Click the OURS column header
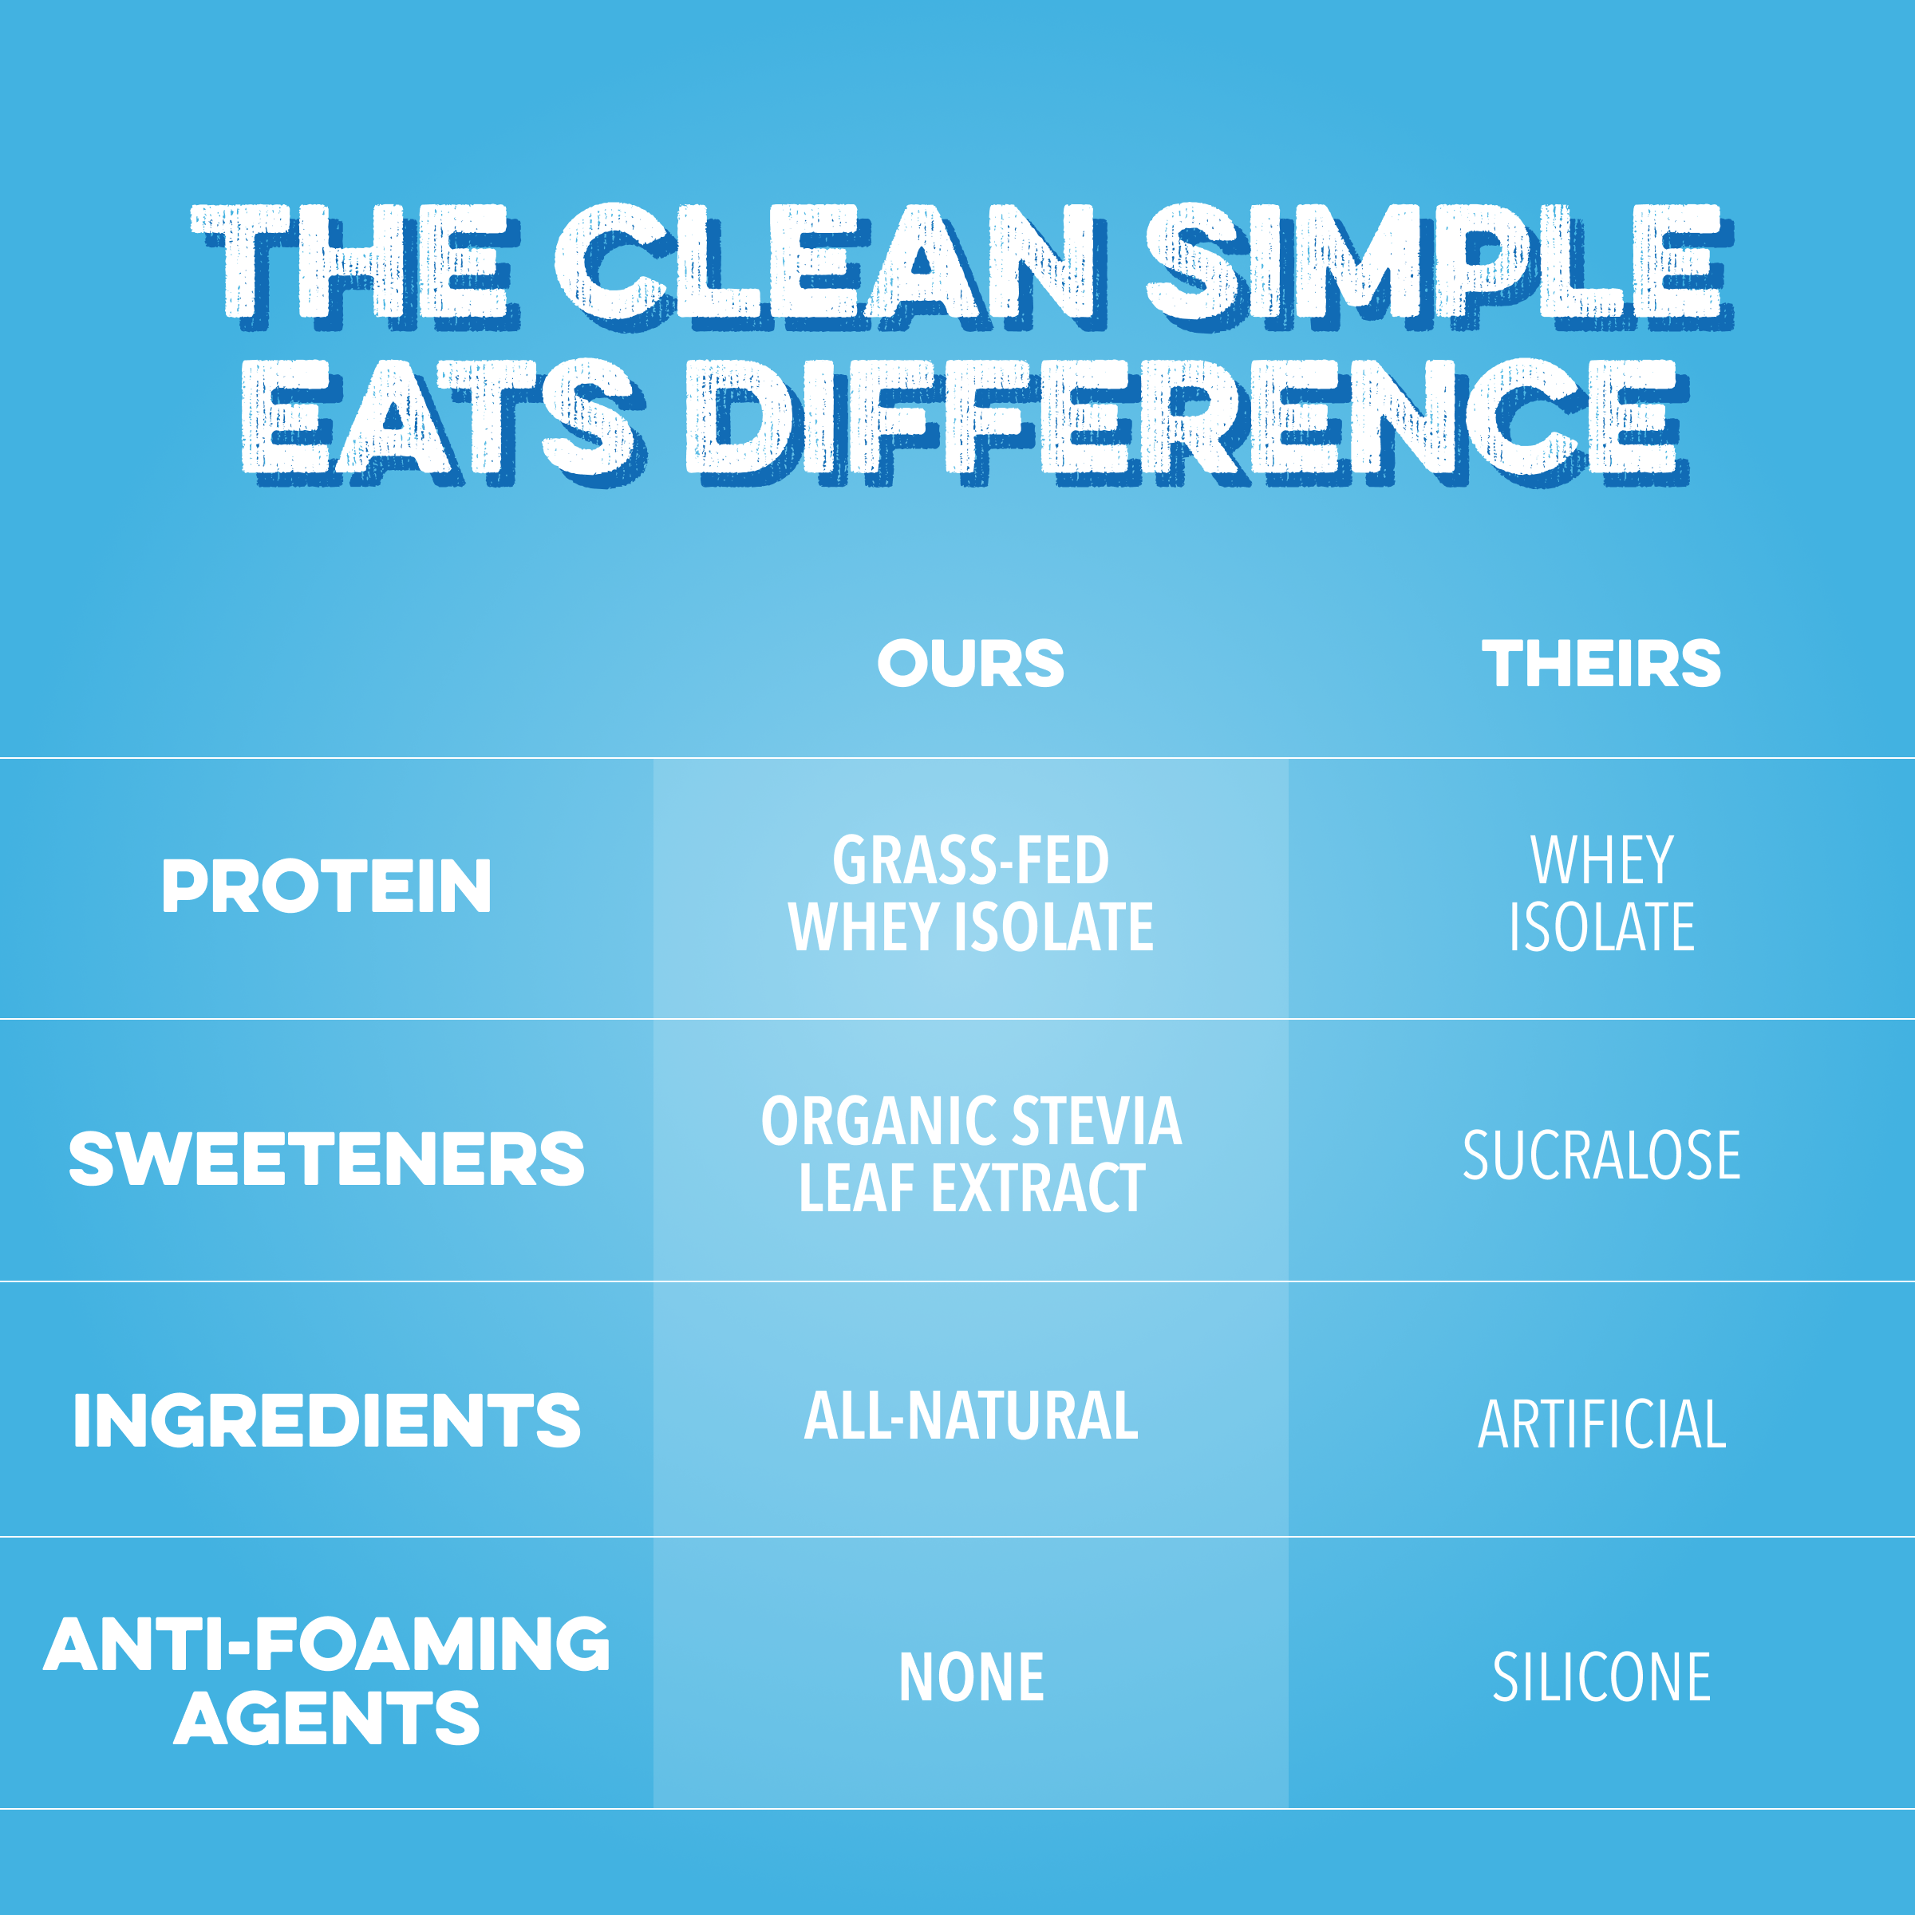click(x=970, y=663)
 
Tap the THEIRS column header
click(x=1601, y=663)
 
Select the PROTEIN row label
click(x=326, y=886)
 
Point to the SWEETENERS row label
click(x=326, y=1159)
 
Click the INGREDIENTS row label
click(x=326, y=1420)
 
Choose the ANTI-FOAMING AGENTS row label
click(x=326, y=1681)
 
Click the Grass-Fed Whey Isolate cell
click(x=970, y=893)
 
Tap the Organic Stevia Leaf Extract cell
click(x=970, y=1155)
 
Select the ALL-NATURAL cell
click(x=970, y=1416)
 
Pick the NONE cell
click(x=970, y=1677)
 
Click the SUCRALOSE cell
click(x=1601, y=1155)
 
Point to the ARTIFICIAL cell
click(x=1601, y=1424)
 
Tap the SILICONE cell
click(x=1601, y=1677)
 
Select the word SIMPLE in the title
click(x=1437, y=266)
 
